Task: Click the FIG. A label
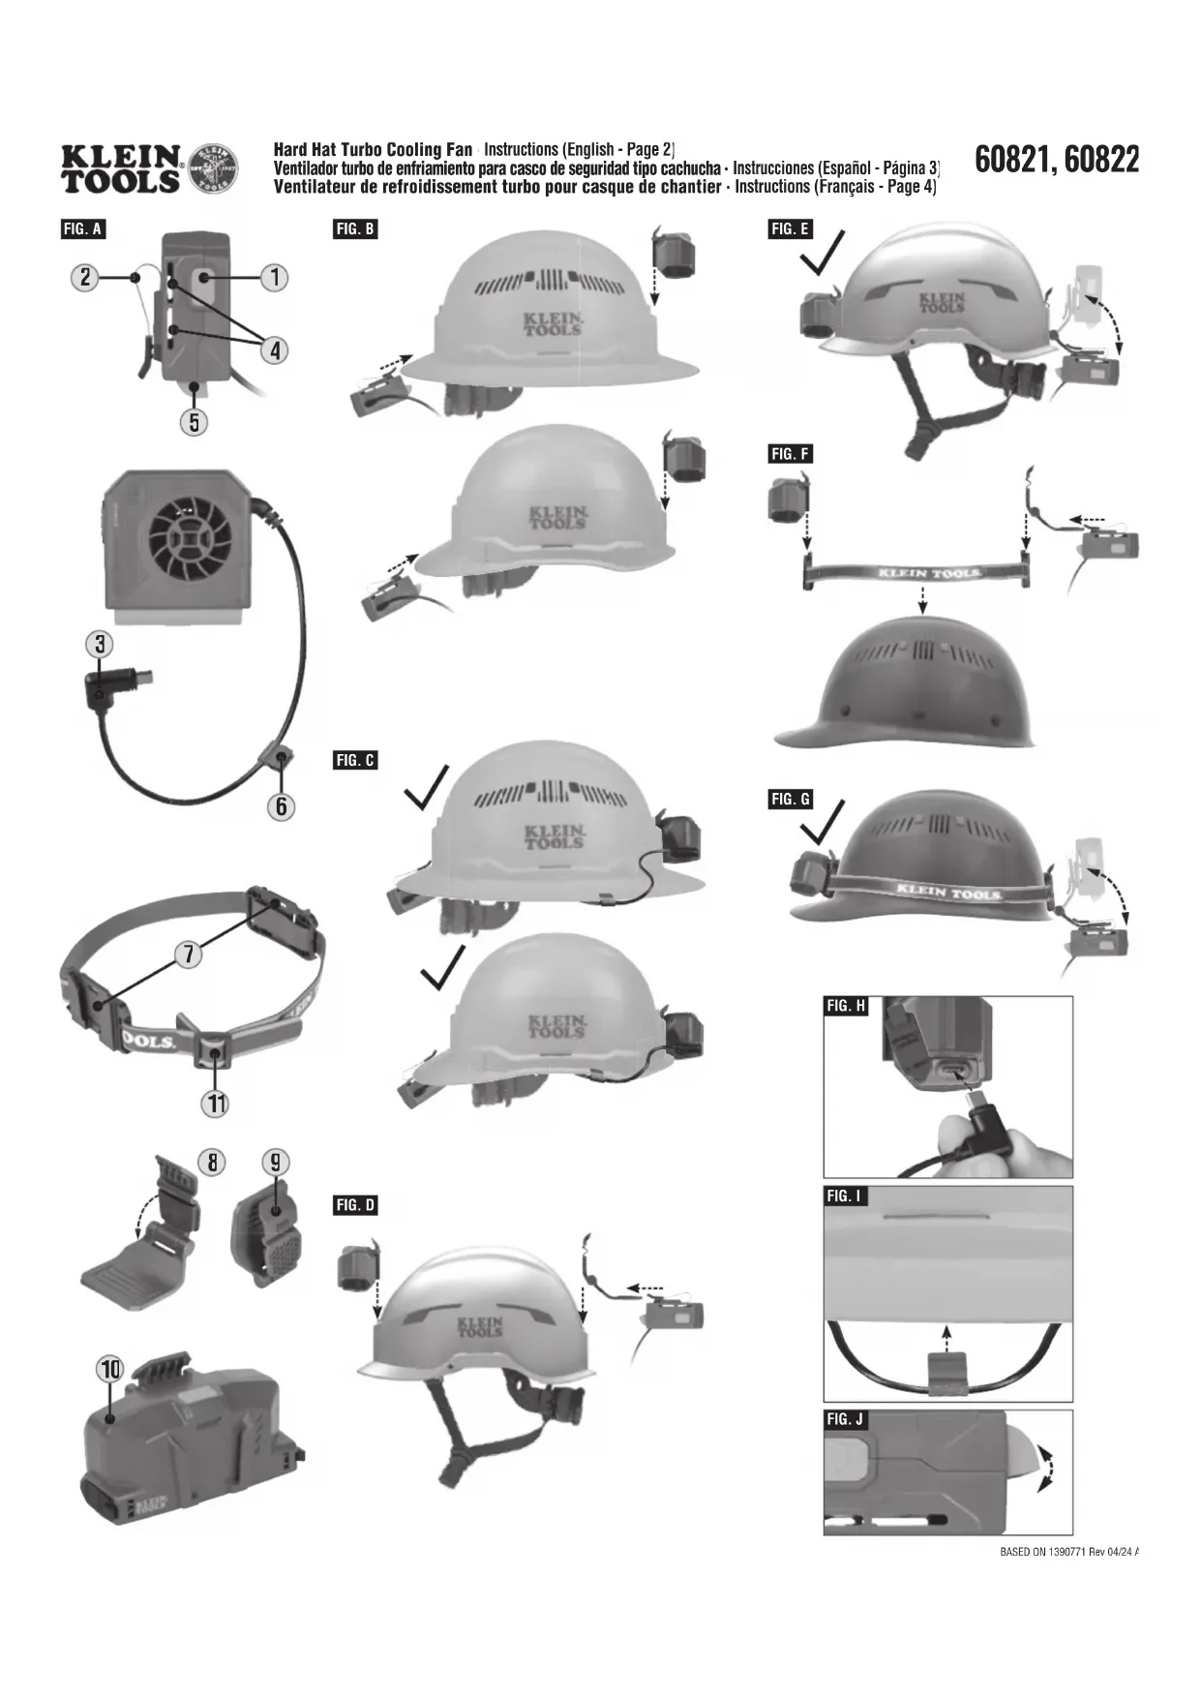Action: [x=82, y=229]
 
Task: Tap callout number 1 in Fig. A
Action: [x=275, y=278]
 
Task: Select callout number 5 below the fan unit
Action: [x=195, y=422]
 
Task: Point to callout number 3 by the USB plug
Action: [x=99, y=644]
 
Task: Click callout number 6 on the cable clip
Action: [x=281, y=806]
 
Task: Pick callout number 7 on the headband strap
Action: [x=189, y=955]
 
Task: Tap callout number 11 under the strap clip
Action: [x=215, y=1103]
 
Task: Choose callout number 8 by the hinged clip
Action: [x=212, y=1162]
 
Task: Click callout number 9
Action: [x=276, y=1162]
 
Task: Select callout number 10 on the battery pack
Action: [x=110, y=1370]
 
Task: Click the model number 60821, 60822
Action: [x=1057, y=160]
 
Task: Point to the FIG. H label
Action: [x=846, y=1006]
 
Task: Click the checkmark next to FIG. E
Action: [x=821, y=254]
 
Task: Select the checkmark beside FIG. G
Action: [x=821, y=824]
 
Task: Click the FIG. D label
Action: [x=355, y=1205]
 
